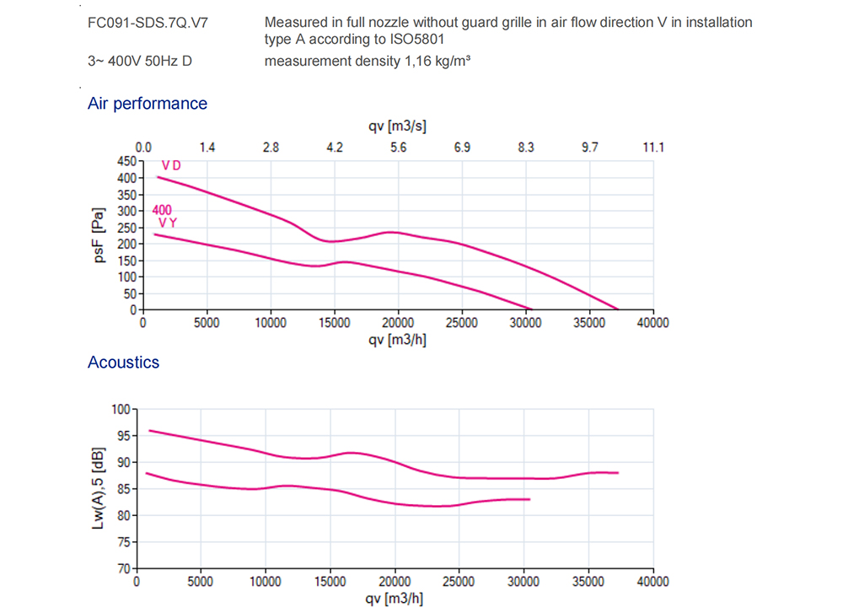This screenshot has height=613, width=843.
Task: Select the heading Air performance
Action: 147,104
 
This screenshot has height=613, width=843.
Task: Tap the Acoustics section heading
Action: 123,363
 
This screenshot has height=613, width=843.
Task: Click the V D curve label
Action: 171,166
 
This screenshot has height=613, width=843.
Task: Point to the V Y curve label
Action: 167,223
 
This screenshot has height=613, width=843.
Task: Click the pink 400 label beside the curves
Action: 162,210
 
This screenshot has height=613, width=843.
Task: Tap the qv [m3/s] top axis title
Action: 398,126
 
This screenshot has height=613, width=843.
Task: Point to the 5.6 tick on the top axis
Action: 399,148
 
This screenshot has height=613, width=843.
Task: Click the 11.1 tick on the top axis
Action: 653,148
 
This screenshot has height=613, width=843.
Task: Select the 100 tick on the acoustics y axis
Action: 123,409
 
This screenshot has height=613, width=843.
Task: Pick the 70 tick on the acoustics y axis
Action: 126,567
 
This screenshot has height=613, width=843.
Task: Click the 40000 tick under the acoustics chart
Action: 652,582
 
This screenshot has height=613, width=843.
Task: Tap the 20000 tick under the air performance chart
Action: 398,323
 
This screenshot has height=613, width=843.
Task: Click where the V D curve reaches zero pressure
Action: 618,309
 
